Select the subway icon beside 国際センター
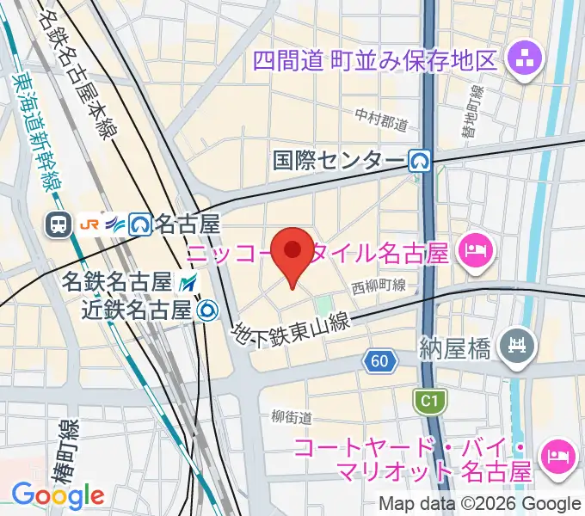(420, 160)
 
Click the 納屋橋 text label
(455, 349)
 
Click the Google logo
(58, 494)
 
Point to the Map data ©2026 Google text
(481, 503)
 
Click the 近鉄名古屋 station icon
(206, 309)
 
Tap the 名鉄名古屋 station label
(116, 281)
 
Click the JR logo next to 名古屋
(88, 224)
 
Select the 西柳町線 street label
(379, 286)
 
